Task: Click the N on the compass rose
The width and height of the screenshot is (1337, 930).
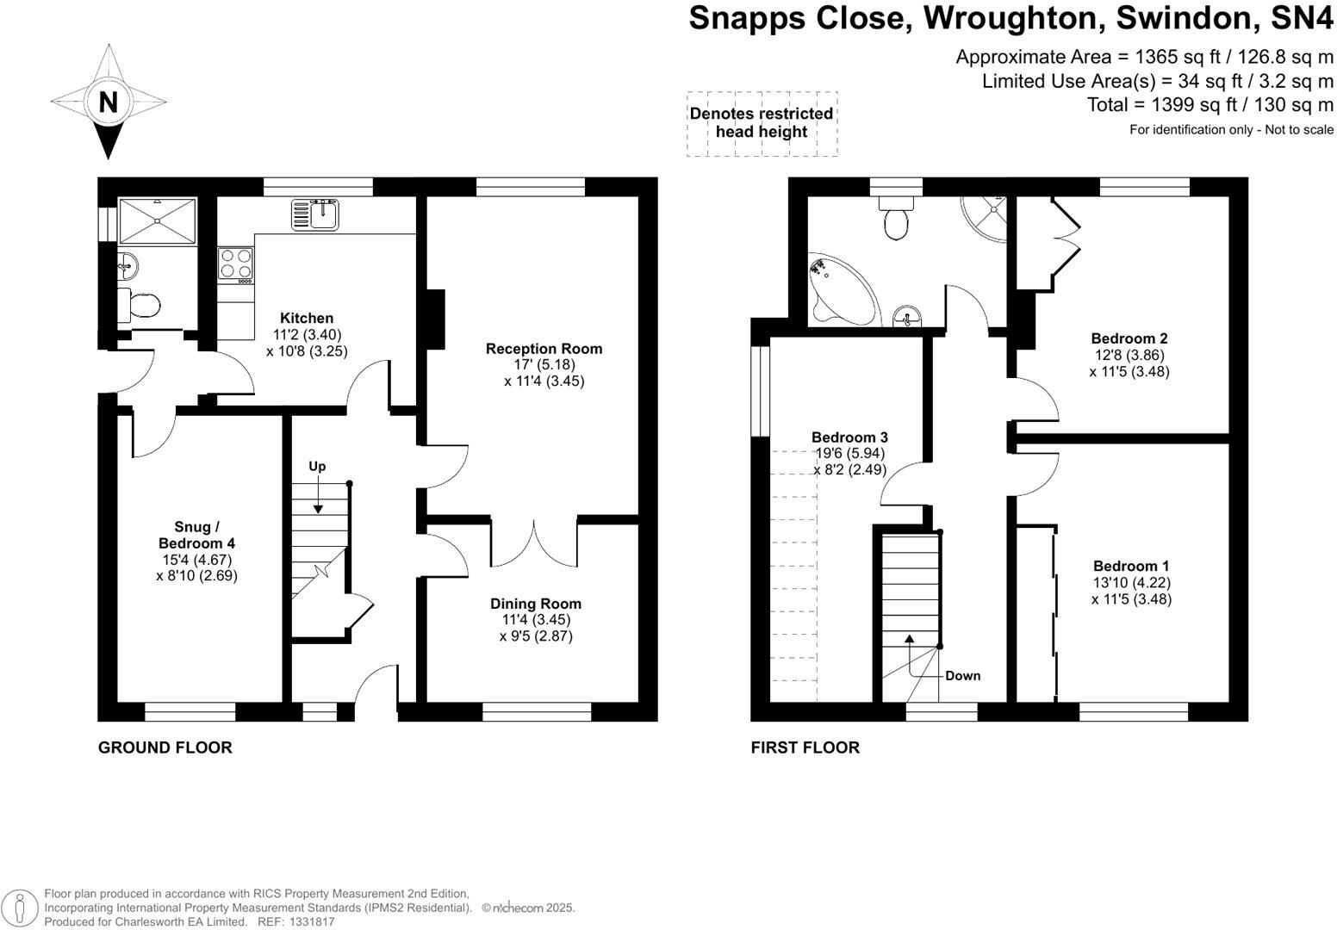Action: tap(108, 102)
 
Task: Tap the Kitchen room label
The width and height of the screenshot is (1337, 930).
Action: tap(307, 318)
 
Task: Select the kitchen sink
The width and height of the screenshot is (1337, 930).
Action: tap(315, 214)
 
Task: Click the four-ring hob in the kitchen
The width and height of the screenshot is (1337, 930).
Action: tap(235, 263)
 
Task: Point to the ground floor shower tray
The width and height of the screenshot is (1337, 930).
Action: tap(158, 220)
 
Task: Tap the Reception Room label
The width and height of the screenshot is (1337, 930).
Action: tap(544, 349)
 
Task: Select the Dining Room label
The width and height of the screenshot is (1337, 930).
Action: tap(535, 604)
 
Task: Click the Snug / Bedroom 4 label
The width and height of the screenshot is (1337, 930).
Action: tap(196, 535)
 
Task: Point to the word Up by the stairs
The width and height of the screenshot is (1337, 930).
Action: tap(317, 467)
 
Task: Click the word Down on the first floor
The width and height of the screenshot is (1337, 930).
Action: tap(963, 676)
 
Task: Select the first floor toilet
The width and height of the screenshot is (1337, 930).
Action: tap(896, 218)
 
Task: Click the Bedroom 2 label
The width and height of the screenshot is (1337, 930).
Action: tap(1129, 338)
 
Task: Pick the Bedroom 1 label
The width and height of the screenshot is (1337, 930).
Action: tap(1131, 566)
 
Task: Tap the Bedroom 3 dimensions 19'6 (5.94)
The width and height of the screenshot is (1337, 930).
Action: tap(850, 453)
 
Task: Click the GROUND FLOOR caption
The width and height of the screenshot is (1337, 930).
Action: tap(165, 747)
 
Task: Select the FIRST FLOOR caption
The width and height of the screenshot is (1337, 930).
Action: tap(805, 747)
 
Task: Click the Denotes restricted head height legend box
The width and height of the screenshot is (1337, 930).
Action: tap(762, 124)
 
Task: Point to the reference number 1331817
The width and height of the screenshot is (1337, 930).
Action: tap(312, 921)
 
